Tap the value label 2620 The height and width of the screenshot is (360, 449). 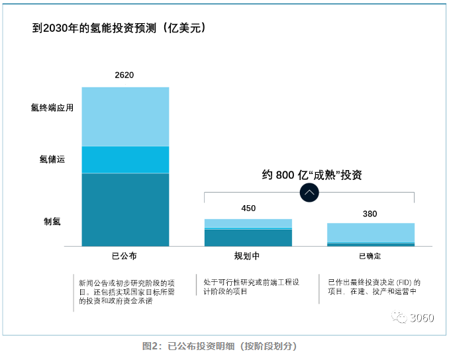(x=125, y=75)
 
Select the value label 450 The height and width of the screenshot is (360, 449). (x=248, y=208)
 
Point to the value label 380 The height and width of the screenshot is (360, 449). (x=370, y=214)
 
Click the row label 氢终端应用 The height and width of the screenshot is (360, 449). (x=52, y=107)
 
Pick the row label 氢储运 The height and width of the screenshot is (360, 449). (x=52, y=159)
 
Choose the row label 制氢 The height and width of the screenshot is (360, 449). (x=52, y=221)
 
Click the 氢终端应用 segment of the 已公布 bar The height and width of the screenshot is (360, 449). (x=125, y=116)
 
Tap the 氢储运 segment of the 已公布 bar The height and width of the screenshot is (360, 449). (x=125, y=159)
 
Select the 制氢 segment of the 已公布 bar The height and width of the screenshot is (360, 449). (x=125, y=209)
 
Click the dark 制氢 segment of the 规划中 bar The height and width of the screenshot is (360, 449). (x=248, y=238)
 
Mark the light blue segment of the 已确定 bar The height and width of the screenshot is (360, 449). (x=370, y=233)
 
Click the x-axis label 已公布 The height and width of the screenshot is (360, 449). (x=125, y=255)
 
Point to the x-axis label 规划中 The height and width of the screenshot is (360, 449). (x=248, y=255)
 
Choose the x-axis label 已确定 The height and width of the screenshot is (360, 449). (x=370, y=255)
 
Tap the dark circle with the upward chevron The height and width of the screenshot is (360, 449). (x=310, y=193)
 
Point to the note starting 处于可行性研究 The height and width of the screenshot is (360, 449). (x=249, y=287)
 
